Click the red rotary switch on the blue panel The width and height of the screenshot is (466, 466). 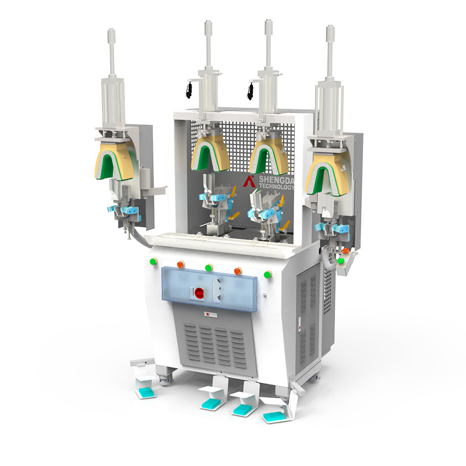click(199, 293)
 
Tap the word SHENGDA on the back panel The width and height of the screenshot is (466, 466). click(276, 179)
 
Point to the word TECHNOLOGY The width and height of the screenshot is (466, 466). click(276, 186)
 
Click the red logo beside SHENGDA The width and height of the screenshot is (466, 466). click(249, 181)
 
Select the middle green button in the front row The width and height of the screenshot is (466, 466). click(209, 267)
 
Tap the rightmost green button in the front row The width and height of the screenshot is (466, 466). click(268, 274)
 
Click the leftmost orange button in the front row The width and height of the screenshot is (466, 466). click(181, 264)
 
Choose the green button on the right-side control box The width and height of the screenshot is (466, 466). click(341, 261)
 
